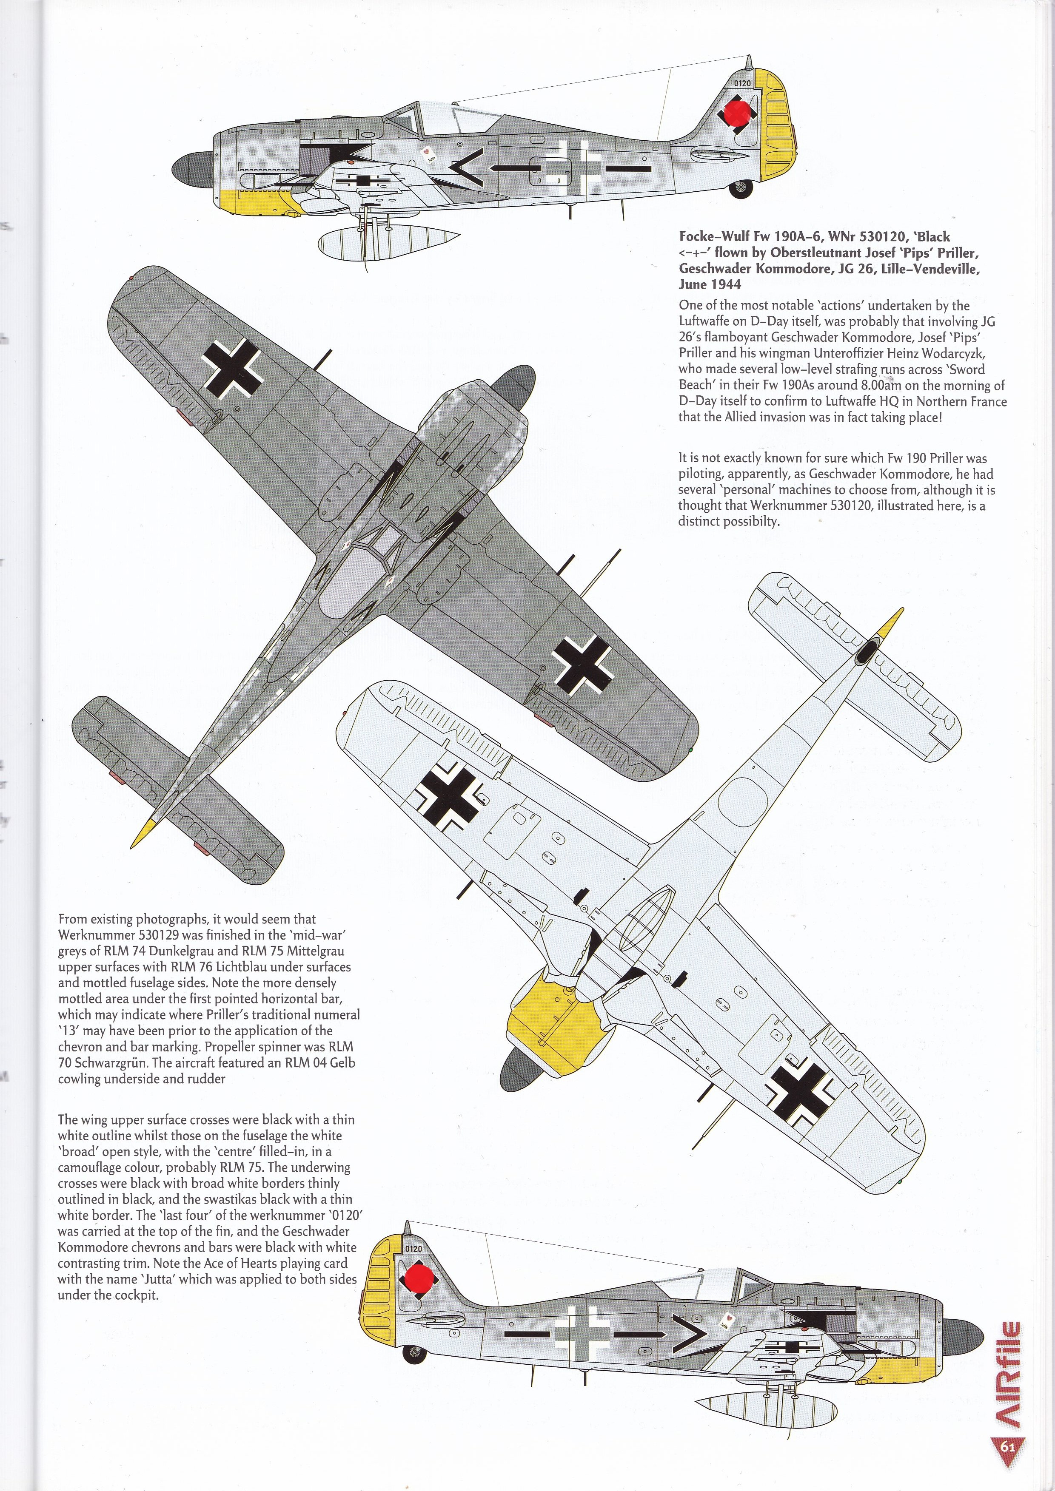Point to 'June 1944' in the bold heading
[710, 284]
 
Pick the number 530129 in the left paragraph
[145, 935]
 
